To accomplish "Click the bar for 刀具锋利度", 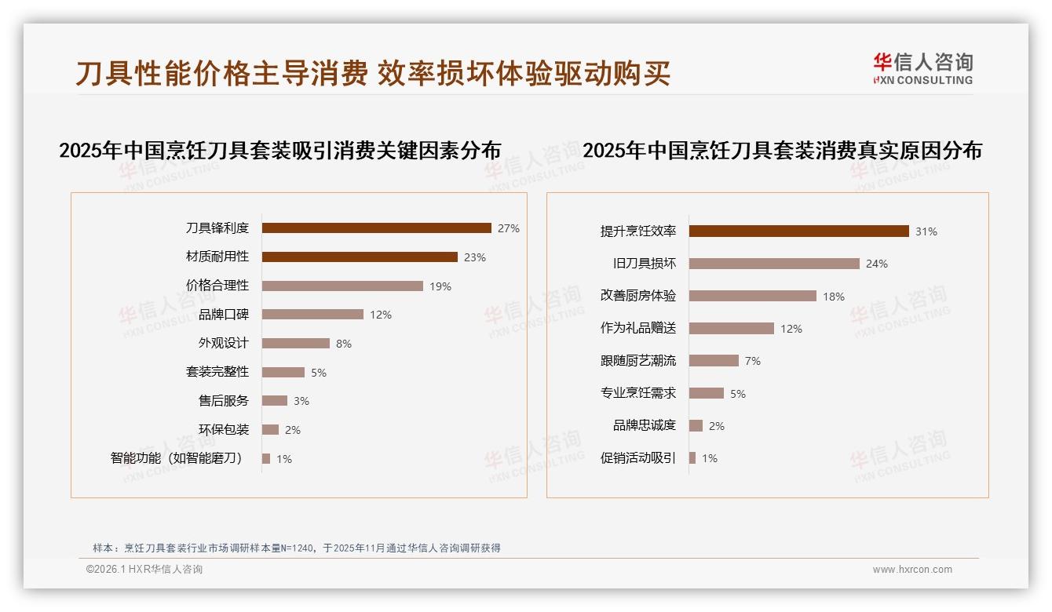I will coord(376,228).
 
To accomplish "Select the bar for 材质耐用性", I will coord(360,257).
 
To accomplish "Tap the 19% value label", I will coord(440,286).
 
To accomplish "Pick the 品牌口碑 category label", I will coord(224,315).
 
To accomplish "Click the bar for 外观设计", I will coord(296,344).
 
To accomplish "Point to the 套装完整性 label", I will coord(217,372).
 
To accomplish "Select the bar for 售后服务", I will coord(275,401).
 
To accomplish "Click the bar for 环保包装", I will coord(271,430).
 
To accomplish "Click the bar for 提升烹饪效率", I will coord(799,231).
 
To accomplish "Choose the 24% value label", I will coord(877,264).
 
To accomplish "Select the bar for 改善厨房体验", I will coord(753,297).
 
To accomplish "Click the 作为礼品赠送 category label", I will coord(638,329).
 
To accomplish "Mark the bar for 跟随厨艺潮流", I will coord(714,361).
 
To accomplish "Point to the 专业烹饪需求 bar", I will coord(707,393).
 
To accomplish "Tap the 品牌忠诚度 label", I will coord(645,425).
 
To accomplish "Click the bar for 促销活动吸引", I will coord(692,458).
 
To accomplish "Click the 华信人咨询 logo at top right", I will coord(922,68).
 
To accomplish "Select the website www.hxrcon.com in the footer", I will coord(912,570).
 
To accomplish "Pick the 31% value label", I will coord(926,231).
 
